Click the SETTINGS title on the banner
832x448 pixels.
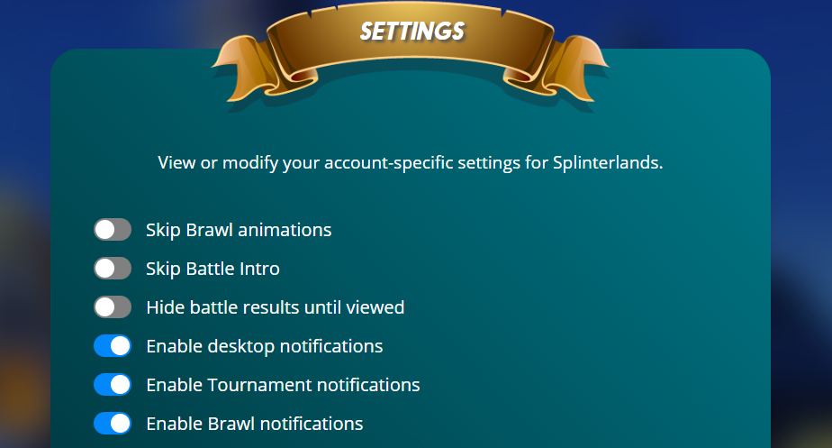pos(412,32)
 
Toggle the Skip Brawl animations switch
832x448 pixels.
pos(113,230)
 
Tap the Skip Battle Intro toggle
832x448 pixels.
pos(113,269)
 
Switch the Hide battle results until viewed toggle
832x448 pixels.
pos(113,307)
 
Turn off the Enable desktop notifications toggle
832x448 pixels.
pos(113,346)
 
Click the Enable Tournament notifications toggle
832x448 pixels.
pos(113,385)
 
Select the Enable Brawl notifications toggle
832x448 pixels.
pos(113,424)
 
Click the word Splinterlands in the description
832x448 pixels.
pos(608,162)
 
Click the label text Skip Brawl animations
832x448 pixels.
pos(239,230)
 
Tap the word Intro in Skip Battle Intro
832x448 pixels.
pos(259,269)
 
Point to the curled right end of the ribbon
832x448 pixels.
pos(568,69)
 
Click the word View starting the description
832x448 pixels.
pos(176,162)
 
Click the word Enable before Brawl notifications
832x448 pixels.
pos(174,424)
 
